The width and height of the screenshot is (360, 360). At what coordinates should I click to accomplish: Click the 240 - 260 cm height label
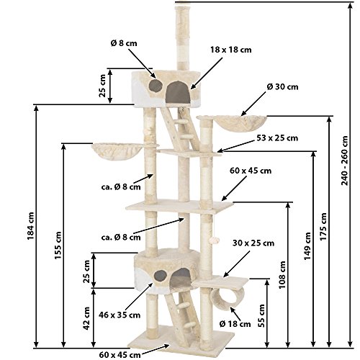345,161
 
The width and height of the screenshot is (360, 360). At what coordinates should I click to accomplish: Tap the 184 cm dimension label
31,226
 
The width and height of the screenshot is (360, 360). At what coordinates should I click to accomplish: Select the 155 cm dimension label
58,246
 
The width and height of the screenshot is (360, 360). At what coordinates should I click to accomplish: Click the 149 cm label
307,246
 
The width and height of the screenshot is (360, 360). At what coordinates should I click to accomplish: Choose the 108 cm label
282,275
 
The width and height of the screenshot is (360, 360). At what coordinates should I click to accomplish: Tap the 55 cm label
262,315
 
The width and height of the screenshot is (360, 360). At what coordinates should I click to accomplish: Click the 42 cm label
86,318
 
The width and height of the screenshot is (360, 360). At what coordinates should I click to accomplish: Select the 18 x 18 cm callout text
231,50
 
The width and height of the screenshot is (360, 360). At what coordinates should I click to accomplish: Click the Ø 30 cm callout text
283,86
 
